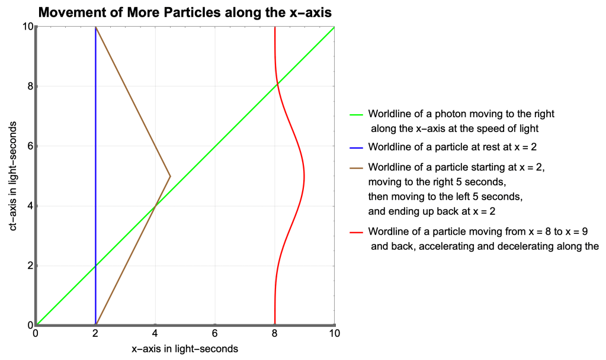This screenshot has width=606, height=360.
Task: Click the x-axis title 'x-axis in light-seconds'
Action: pyautogui.click(x=185, y=349)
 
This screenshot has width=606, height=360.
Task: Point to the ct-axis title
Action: pyautogui.click(x=13, y=175)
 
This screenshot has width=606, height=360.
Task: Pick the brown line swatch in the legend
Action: pyautogui.click(x=356, y=168)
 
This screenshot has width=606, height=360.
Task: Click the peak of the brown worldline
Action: pyautogui.click(x=171, y=176)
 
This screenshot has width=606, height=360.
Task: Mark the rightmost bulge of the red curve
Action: pyautogui.click(x=304, y=176)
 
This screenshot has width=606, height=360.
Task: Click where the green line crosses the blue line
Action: pyautogui.click(x=95, y=265)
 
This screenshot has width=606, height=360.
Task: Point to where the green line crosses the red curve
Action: pyautogui.click(x=277, y=85)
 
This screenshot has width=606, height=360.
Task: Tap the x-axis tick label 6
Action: pyautogui.click(x=215, y=333)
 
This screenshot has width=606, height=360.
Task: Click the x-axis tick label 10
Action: pyautogui.click(x=334, y=333)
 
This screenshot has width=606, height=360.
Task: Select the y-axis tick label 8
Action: pyautogui.click(x=28, y=86)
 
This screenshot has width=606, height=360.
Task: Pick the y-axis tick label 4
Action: pyautogui.click(x=28, y=206)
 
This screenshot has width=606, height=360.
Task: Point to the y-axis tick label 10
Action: pyautogui.click(x=26, y=27)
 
